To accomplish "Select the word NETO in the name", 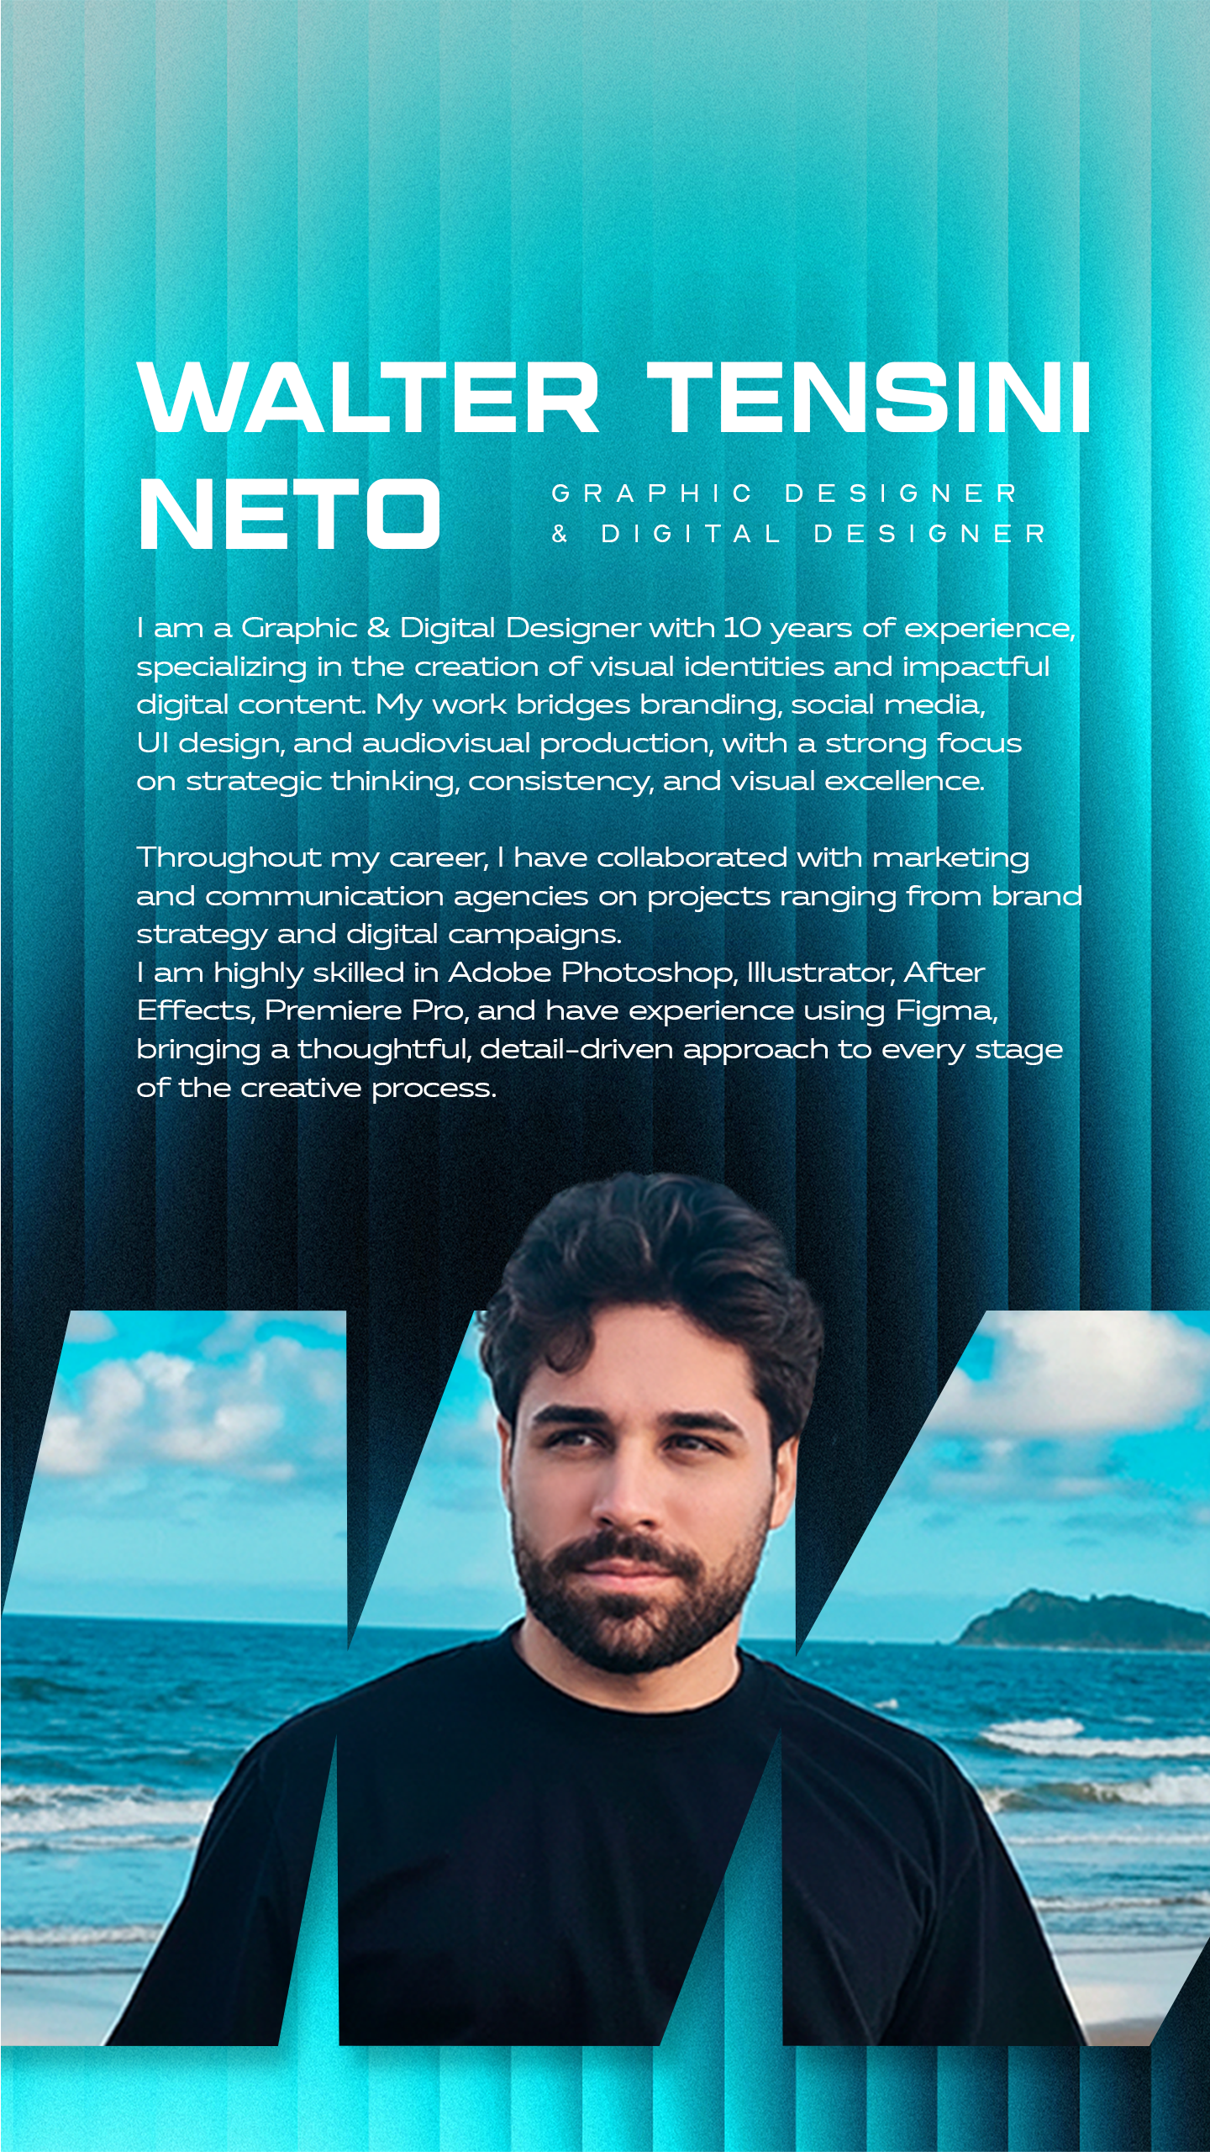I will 289,514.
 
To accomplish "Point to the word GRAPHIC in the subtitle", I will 651,493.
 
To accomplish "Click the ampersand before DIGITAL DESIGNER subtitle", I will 560,534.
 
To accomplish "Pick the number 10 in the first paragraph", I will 741,628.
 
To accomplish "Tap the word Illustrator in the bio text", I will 820,973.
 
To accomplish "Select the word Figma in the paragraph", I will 944,1010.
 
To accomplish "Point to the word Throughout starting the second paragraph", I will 229,857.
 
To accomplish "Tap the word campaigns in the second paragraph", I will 534,934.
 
